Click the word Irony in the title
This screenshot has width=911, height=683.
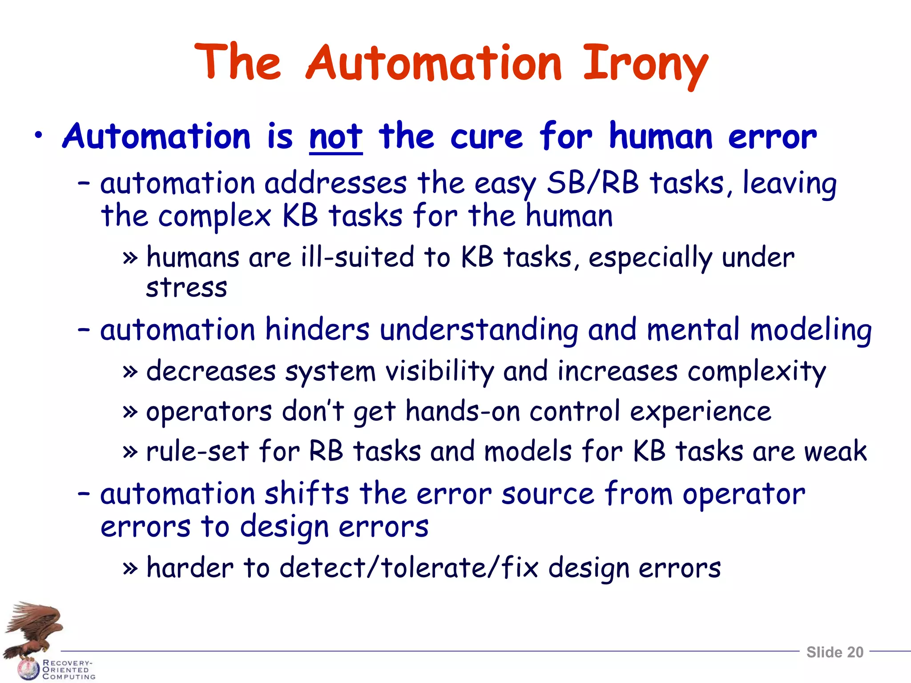pyautogui.click(x=645, y=64)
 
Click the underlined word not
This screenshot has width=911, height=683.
pyautogui.click(x=336, y=137)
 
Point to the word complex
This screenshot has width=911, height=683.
pyautogui.click(x=215, y=217)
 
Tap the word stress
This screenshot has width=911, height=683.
pyautogui.click(x=186, y=288)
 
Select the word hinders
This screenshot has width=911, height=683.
pyautogui.click(x=317, y=330)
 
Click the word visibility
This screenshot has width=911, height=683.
pyautogui.click(x=439, y=371)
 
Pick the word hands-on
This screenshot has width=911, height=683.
pyautogui.click(x=463, y=411)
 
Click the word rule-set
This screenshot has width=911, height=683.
pyautogui.click(x=197, y=451)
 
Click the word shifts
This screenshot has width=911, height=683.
pyautogui.click(x=307, y=494)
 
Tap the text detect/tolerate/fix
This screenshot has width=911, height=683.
pyautogui.click(x=409, y=568)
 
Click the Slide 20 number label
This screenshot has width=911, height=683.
pyautogui.click(x=834, y=652)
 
